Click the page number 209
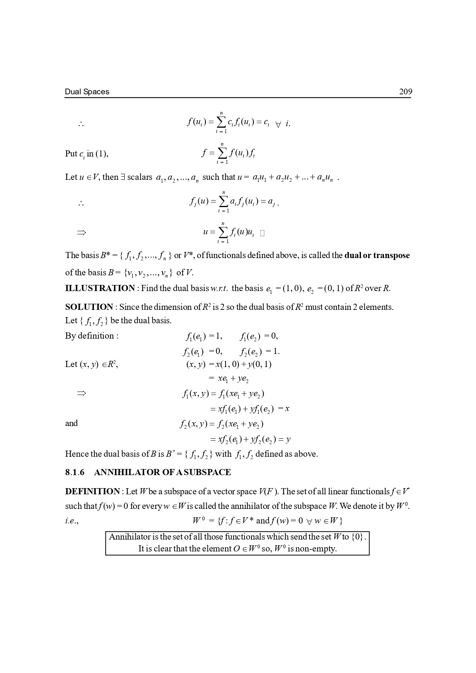point(405,92)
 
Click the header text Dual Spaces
point(87,92)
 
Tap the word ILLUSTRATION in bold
point(100,288)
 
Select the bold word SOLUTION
point(89,307)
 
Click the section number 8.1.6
point(74,472)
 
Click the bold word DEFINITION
point(92,492)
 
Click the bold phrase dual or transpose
point(377,255)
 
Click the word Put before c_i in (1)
point(71,154)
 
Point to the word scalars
point(140,177)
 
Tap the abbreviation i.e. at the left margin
point(71,521)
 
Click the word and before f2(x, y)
point(71,423)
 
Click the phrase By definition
point(92,336)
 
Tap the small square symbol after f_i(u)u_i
point(262,233)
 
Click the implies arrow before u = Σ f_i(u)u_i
point(81,232)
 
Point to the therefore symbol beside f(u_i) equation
point(81,124)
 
